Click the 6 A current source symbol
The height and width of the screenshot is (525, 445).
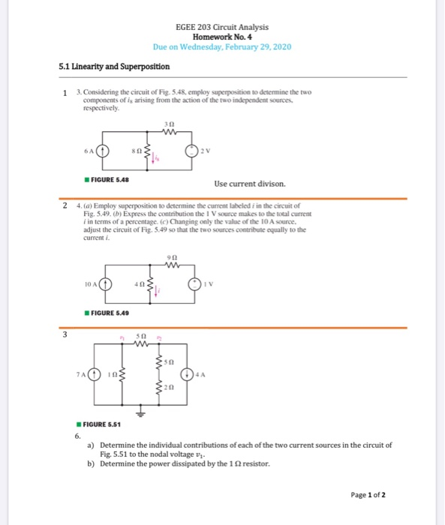(x=107, y=149)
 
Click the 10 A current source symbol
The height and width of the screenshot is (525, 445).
(x=107, y=285)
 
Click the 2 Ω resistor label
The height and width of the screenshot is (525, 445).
(x=172, y=388)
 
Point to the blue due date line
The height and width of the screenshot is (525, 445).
(x=221, y=46)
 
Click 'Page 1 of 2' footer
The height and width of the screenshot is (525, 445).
(x=368, y=494)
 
